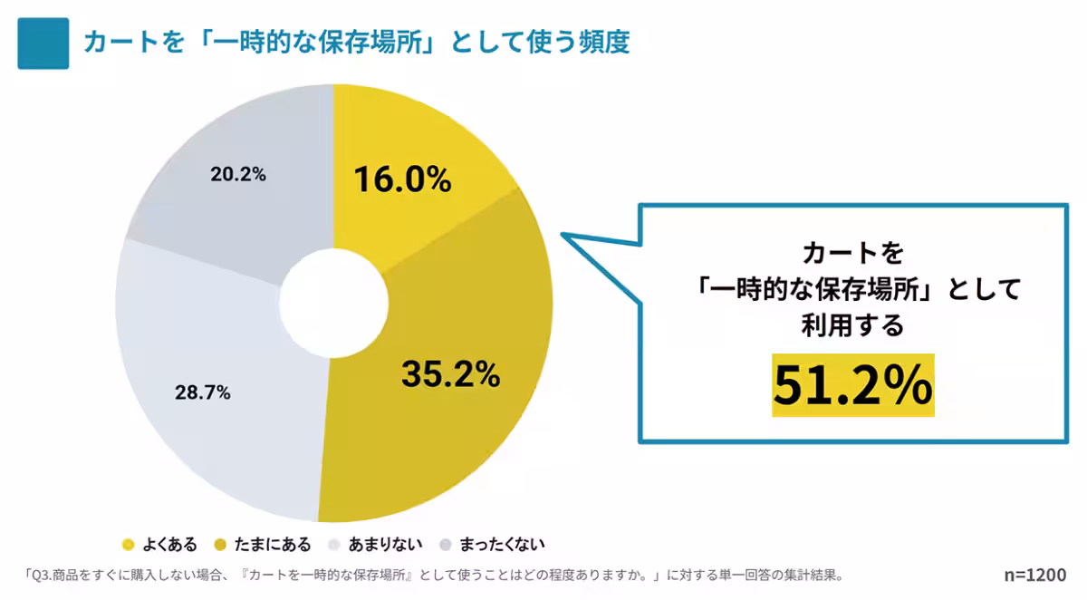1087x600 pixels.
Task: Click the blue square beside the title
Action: click(43, 44)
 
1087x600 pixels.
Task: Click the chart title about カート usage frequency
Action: click(356, 43)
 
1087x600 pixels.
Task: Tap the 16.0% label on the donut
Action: click(402, 179)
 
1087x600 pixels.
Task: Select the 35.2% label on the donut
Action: click(450, 373)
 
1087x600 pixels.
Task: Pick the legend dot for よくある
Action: click(128, 545)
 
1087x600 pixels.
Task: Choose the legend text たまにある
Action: click(273, 545)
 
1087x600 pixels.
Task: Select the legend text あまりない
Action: click(386, 545)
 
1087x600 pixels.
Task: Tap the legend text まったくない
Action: click(502, 545)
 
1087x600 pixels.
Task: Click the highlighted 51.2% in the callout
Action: click(852, 385)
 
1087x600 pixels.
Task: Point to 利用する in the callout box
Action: click(852, 324)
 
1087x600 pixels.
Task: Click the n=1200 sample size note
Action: click(1034, 575)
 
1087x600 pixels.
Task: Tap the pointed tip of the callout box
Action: click(563, 234)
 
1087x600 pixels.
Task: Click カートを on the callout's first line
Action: click(852, 251)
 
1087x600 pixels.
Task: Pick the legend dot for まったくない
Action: click(445, 545)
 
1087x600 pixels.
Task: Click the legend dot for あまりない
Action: click(333, 545)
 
